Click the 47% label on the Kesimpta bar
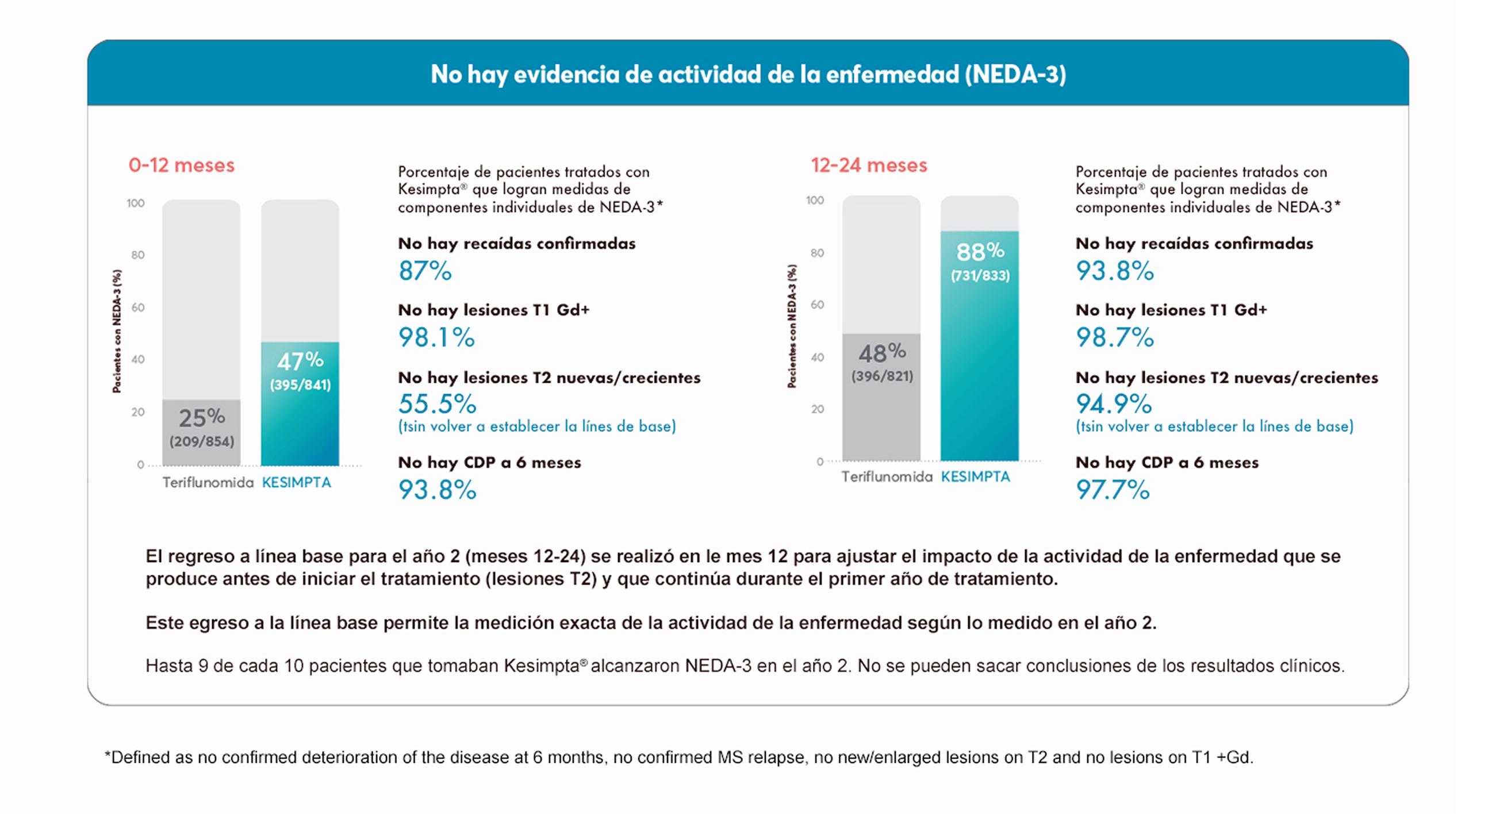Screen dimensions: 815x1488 (300, 362)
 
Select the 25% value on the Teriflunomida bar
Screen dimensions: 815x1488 (202, 418)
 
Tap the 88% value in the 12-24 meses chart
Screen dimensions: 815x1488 (980, 252)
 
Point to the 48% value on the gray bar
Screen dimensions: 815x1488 (882, 352)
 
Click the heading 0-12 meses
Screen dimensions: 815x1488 (181, 165)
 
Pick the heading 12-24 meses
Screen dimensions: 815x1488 (869, 165)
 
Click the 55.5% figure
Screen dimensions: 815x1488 (438, 403)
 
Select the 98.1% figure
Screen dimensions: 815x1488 (436, 337)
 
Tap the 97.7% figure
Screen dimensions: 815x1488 (1113, 490)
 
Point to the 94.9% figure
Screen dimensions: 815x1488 (1114, 403)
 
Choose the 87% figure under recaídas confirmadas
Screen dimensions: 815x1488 (425, 271)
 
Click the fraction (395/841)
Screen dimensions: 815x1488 (300, 385)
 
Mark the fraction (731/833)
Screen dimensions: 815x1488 (980, 275)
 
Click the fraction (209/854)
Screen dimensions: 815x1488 (202, 442)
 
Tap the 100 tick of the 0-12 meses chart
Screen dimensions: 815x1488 (136, 203)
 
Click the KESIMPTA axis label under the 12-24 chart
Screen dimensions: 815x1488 (975, 477)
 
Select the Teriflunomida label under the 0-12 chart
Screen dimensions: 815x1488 (208, 483)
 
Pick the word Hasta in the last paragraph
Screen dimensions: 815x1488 (169, 666)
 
